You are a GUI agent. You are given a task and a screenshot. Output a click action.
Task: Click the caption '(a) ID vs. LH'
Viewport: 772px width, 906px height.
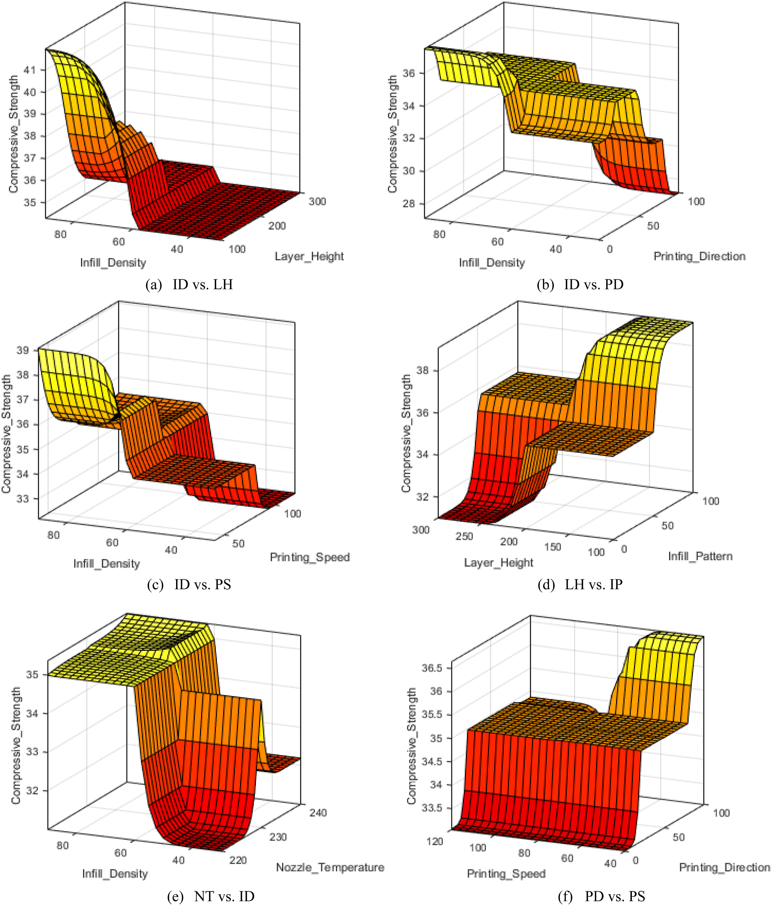pos(189,285)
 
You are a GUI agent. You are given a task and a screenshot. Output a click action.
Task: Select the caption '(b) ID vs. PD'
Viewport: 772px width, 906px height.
pos(580,285)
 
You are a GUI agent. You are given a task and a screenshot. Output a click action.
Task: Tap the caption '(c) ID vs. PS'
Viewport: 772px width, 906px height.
pos(189,585)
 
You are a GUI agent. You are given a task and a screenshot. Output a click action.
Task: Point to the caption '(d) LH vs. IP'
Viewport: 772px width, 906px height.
pos(580,585)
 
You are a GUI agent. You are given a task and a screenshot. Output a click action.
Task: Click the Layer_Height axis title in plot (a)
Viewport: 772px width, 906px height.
pos(309,257)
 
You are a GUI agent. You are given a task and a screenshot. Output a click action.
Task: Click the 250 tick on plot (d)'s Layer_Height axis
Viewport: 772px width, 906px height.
pos(464,536)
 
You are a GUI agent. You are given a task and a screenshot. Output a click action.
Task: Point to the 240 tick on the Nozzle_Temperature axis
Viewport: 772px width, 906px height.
pos(318,813)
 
